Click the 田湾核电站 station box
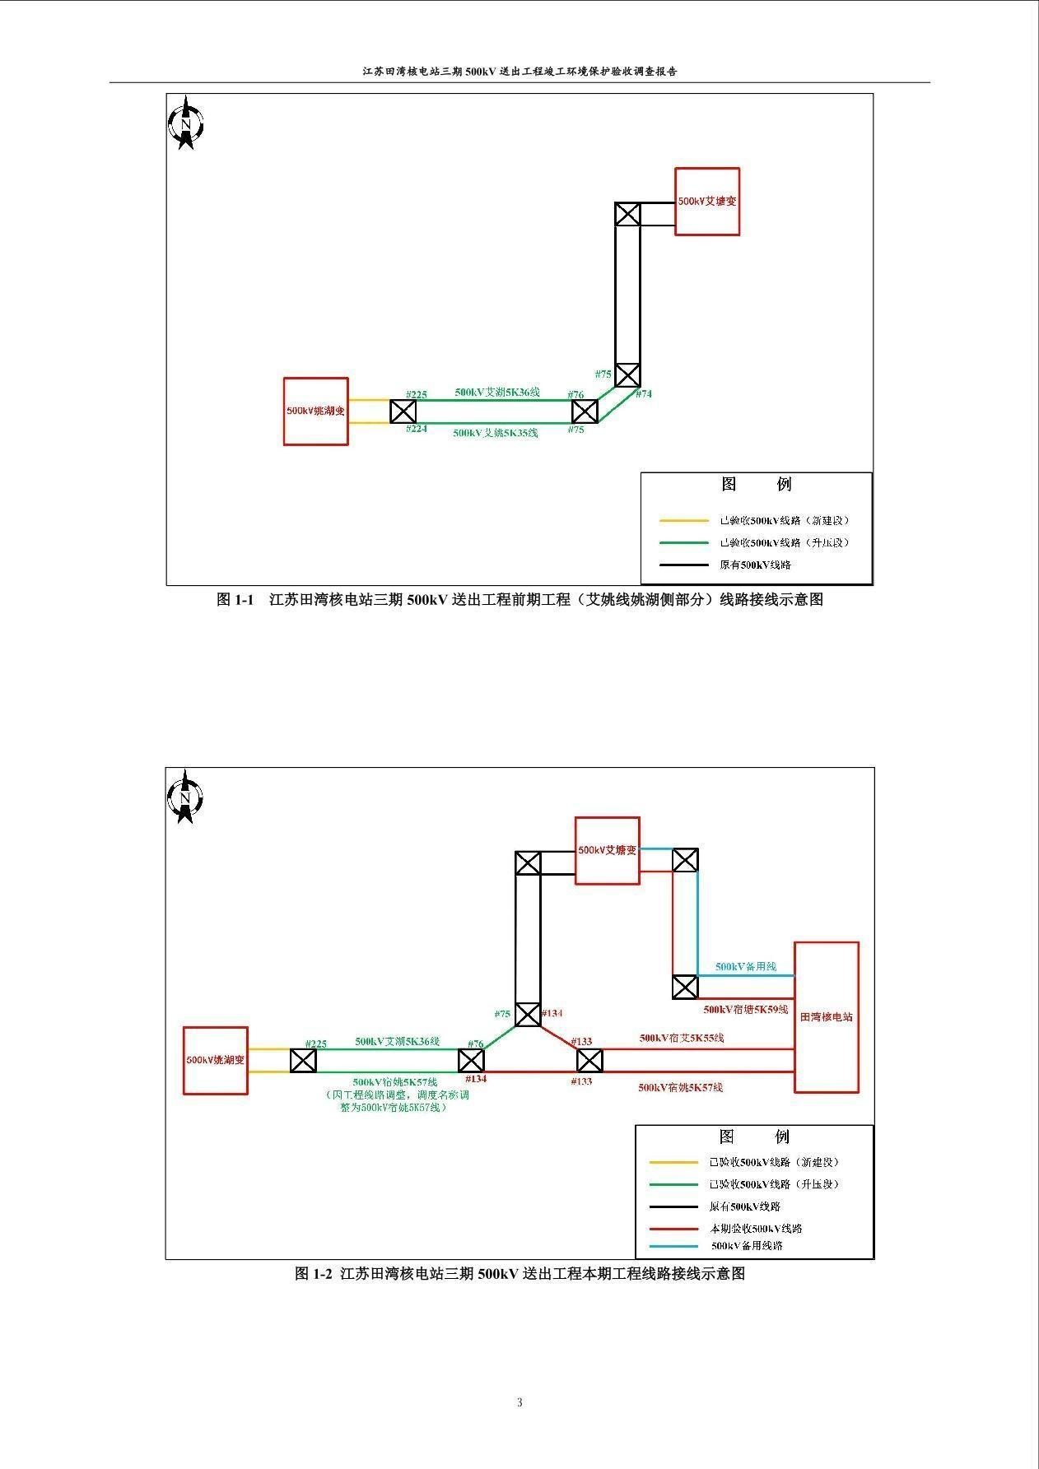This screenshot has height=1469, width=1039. tap(826, 1017)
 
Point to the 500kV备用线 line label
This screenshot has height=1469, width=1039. tap(745, 967)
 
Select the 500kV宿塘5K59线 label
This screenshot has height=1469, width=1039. tap(745, 1009)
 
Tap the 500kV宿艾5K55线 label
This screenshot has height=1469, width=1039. tap(682, 1039)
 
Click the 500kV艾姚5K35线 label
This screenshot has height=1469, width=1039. tap(495, 433)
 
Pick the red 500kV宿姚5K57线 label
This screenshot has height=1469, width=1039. tap(680, 1087)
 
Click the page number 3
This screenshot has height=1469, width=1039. tap(519, 1402)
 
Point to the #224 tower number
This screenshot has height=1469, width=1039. tap(417, 429)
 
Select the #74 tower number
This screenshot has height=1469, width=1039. tap(643, 394)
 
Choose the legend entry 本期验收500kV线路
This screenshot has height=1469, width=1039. tap(755, 1229)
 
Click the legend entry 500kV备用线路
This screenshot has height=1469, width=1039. tap(747, 1246)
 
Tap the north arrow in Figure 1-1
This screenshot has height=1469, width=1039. tap(186, 123)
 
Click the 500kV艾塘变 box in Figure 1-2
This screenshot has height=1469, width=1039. tap(607, 850)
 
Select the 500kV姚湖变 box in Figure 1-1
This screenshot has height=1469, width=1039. tap(315, 411)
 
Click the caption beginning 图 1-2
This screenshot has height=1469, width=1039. tap(519, 1274)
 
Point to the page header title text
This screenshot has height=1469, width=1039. tap(519, 72)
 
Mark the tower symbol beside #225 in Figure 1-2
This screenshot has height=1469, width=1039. tap(303, 1061)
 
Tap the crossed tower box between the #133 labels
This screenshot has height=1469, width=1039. tap(589, 1061)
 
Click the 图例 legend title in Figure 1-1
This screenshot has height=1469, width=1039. tap(755, 484)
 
